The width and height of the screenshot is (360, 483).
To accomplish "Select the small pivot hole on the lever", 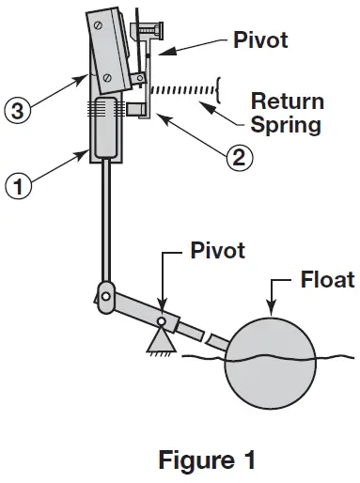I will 163,321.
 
